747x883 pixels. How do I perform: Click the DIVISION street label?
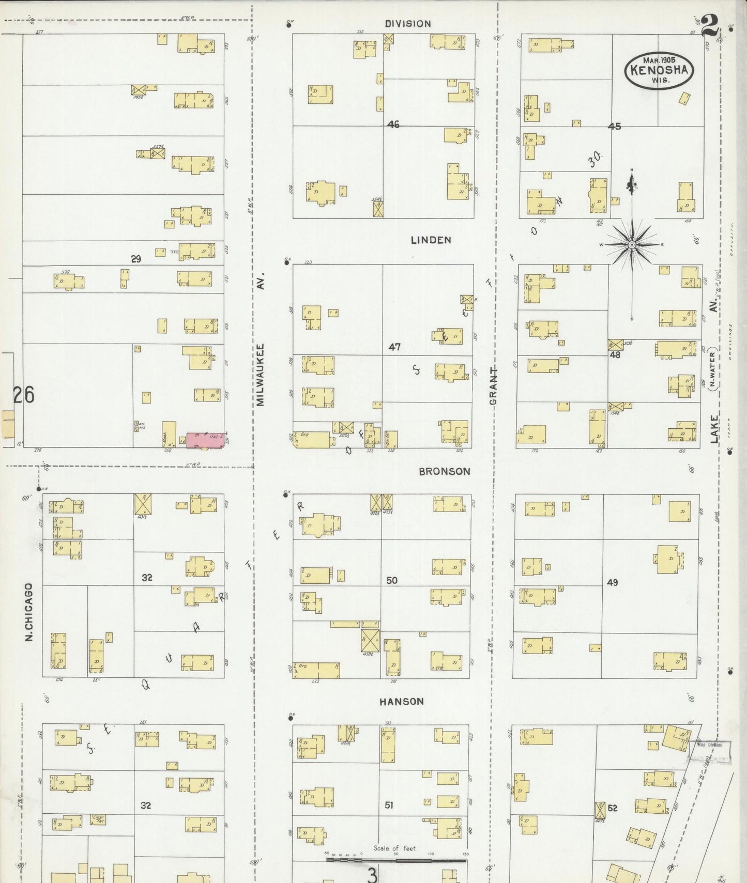pyautogui.click(x=408, y=24)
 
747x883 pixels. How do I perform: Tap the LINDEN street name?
pyautogui.click(x=431, y=240)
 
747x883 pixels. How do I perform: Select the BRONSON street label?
pyautogui.click(x=445, y=471)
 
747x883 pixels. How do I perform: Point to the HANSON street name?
pyautogui.click(x=402, y=701)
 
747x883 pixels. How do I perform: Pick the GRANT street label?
pyautogui.click(x=493, y=386)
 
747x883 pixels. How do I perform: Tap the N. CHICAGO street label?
pyautogui.click(x=29, y=612)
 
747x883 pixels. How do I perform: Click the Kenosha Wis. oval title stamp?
pyautogui.click(x=659, y=70)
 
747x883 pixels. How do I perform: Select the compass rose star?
pyautogui.click(x=632, y=244)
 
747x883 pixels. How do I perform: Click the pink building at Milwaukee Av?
pyautogui.click(x=205, y=440)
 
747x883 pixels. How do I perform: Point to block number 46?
pyautogui.click(x=393, y=125)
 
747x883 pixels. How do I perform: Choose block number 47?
pyautogui.click(x=394, y=347)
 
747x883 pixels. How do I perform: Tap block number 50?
pyautogui.click(x=392, y=580)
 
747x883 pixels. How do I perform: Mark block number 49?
pyautogui.click(x=612, y=582)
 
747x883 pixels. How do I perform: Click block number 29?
pyautogui.click(x=135, y=259)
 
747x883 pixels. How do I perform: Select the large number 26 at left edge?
pyautogui.click(x=24, y=395)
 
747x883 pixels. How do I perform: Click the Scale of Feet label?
pyautogui.click(x=395, y=848)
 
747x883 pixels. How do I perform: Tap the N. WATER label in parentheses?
pyautogui.click(x=712, y=369)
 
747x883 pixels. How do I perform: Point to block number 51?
pyautogui.click(x=389, y=804)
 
